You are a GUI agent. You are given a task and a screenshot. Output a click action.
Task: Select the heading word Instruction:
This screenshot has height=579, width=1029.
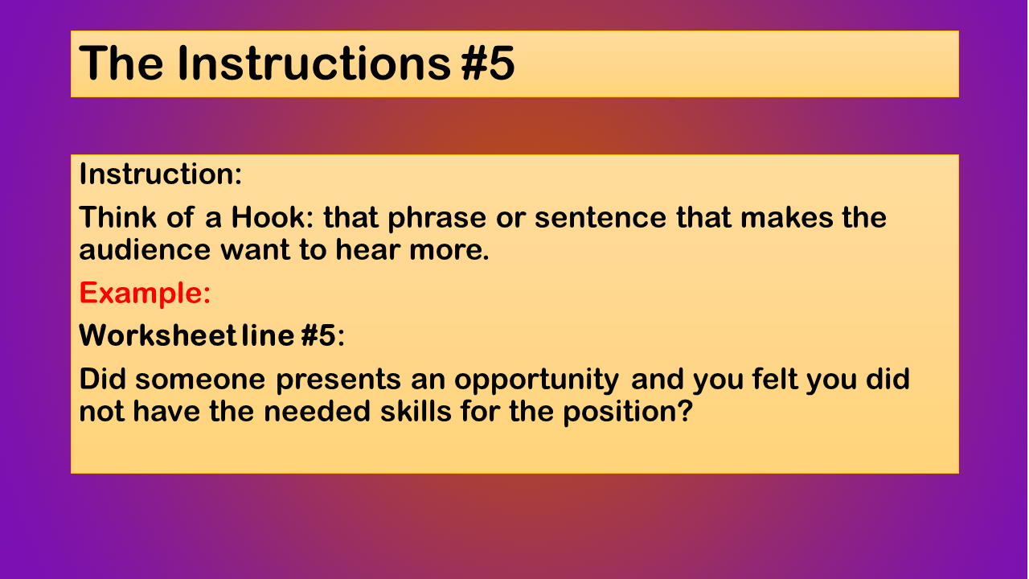160,175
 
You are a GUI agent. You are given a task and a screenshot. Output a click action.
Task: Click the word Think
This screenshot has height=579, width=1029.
117,217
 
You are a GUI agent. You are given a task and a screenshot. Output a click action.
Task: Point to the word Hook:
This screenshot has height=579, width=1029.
272,217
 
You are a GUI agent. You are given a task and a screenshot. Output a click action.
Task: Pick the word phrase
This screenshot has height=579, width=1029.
437,219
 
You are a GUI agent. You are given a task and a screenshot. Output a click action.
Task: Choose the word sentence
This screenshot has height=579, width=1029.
601,218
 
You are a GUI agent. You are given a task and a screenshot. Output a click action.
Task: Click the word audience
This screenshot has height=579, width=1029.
145,249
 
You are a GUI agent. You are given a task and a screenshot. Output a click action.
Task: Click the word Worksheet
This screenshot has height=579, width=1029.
158,335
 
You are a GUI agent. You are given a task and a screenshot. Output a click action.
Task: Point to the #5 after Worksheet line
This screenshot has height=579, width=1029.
319,335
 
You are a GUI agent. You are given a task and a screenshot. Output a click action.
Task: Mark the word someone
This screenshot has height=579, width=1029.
200,380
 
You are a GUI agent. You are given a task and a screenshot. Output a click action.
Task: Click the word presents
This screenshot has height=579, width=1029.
338,381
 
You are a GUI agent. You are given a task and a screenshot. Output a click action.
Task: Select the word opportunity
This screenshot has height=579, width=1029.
536,381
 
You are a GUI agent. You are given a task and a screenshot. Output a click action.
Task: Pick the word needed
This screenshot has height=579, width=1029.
317,411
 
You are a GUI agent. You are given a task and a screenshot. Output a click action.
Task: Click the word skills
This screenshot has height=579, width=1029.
416,411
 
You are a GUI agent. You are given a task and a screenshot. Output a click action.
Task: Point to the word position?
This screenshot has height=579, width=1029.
628,413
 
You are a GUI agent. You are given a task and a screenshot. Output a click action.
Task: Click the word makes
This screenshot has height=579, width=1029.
786,217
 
